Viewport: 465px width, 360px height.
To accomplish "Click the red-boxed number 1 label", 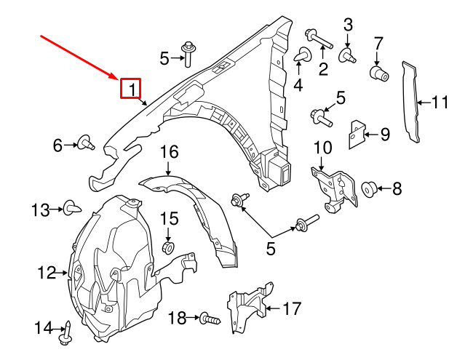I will click(x=132, y=89).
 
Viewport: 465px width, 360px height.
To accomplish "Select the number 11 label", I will click(x=440, y=102).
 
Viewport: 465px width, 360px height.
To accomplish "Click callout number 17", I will click(x=291, y=308).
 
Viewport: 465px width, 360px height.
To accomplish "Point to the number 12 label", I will click(x=47, y=273).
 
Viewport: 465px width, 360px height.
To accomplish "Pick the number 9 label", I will click(x=385, y=133).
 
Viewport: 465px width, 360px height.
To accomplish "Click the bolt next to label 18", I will click(x=211, y=318).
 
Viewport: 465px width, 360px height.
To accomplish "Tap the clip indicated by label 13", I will click(x=72, y=209).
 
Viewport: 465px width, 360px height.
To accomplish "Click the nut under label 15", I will click(x=168, y=248).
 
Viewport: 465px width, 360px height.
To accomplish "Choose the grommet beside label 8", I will click(x=368, y=190).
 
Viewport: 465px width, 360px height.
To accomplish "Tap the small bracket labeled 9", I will click(x=357, y=133).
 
